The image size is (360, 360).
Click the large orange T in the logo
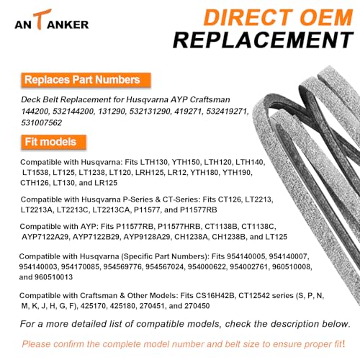click(42, 19)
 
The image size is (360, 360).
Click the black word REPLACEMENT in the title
click(263, 40)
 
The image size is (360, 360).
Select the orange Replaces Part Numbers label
click(86, 80)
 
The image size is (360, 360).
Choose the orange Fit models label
click(53, 142)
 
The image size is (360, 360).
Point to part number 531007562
click(42, 122)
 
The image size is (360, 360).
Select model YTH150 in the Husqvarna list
click(186, 162)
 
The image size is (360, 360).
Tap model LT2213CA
click(112, 210)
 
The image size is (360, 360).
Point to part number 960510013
click(53, 277)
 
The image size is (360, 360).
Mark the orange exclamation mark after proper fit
click(343, 343)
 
